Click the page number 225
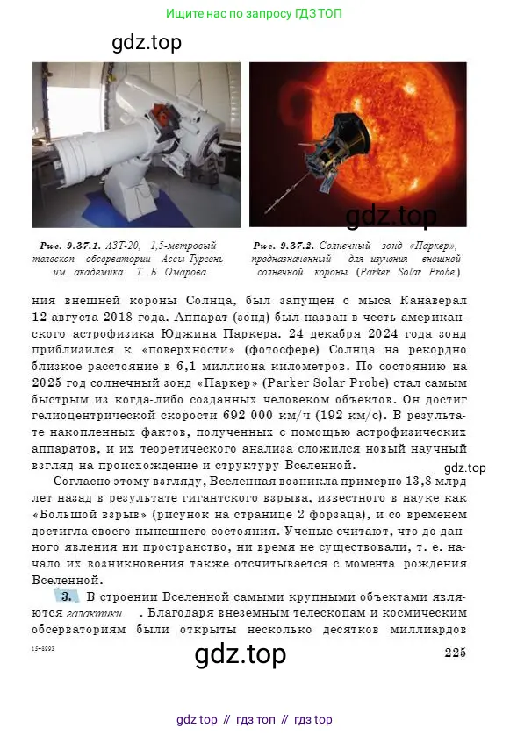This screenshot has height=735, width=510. tap(454, 651)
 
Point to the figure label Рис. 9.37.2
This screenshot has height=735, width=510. tap(284, 246)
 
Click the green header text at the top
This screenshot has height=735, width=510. tap(255, 13)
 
